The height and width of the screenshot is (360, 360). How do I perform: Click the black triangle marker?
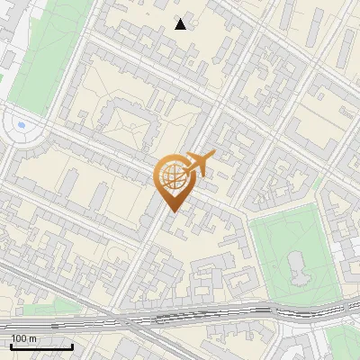pos(181,24)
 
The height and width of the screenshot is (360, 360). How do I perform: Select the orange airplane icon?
pos(198,165)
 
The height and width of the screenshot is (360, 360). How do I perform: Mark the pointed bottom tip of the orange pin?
pos(171,212)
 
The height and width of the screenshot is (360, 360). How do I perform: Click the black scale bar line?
pos(41,346)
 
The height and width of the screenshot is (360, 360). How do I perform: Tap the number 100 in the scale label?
pos(18,338)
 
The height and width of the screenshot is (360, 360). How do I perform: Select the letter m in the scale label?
pos(32,338)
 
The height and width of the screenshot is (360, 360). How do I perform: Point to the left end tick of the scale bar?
pos(11,346)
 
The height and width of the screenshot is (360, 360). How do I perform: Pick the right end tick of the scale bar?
pos(73,346)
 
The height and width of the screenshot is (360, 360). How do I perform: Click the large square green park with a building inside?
pos(270,243)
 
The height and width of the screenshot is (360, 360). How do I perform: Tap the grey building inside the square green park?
pos(297,265)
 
